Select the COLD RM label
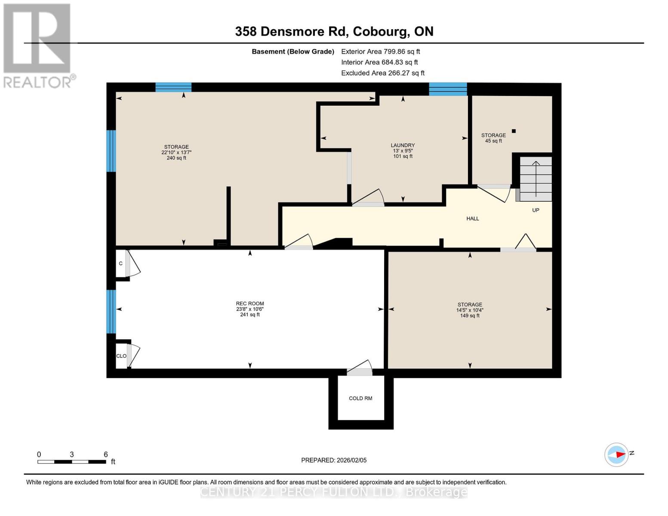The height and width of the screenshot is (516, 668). pyautogui.click(x=360, y=398)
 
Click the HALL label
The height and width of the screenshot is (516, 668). pyautogui.click(x=472, y=218)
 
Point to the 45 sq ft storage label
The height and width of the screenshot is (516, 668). pyautogui.click(x=493, y=138)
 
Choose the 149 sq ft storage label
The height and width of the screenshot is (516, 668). pyautogui.click(x=470, y=310)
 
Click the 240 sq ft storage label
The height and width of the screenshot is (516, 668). pyautogui.click(x=176, y=152)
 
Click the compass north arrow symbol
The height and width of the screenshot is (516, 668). pyautogui.click(x=617, y=455)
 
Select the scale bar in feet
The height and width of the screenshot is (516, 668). pyautogui.click(x=72, y=461)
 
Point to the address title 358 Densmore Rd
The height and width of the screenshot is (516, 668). pyautogui.click(x=334, y=31)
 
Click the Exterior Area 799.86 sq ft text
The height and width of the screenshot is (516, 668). pyautogui.click(x=380, y=51)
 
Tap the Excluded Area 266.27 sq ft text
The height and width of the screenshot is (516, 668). pyautogui.click(x=382, y=73)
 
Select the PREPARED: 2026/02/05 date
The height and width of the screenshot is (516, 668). pyautogui.click(x=334, y=460)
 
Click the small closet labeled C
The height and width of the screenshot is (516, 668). pyautogui.click(x=121, y=264)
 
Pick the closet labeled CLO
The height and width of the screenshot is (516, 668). pyautogui.click(x=121, y=356)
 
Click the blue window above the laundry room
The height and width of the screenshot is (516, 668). pyautogui.click(x=448, y=89)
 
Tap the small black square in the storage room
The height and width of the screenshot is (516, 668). pyautogui.click(x=513, y=131)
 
